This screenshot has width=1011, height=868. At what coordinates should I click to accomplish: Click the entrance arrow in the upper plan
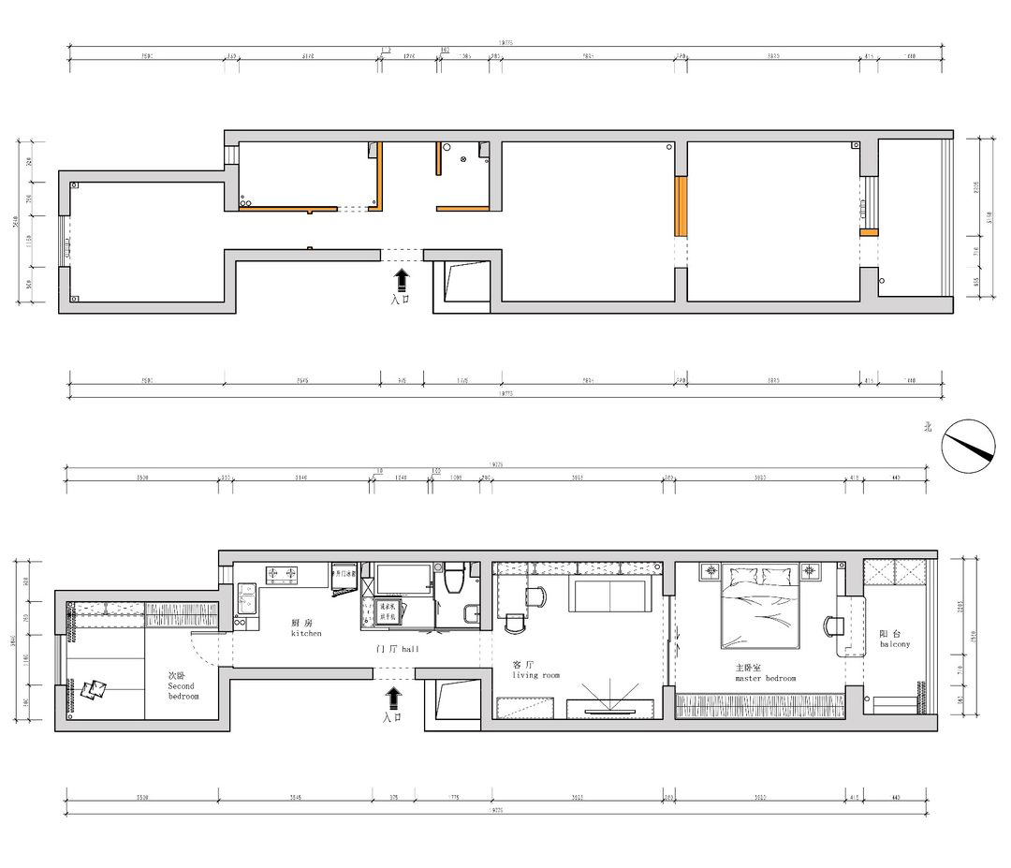tap(402, 279)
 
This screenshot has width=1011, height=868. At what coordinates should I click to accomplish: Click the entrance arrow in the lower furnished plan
tap(393, 698)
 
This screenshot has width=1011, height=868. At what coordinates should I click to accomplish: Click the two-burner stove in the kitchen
tap(282, 572)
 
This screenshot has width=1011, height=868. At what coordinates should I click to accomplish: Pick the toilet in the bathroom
tap(455, 580)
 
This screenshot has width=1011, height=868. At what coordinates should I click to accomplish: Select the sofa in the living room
tap(608, 594)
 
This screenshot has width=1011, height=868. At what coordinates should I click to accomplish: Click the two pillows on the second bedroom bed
tap(95, 690)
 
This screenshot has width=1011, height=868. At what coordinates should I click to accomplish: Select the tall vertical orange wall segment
tap(681, 206)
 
